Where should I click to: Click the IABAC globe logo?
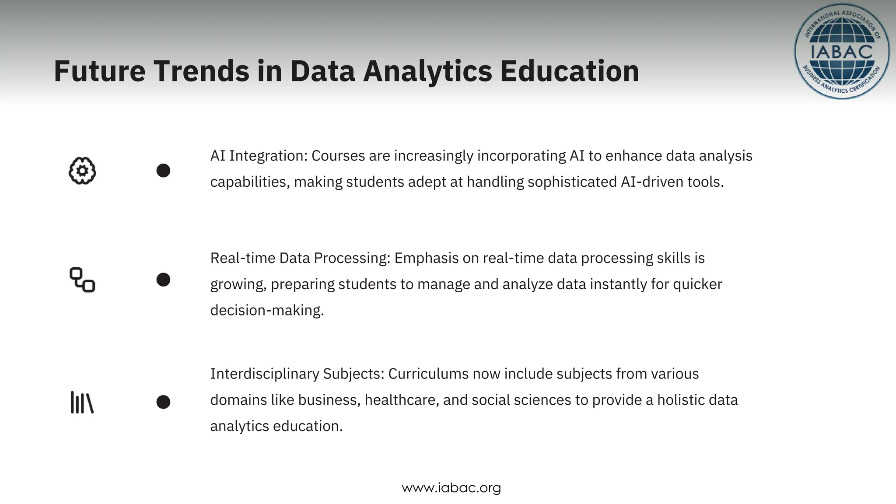click(x=841, y=52)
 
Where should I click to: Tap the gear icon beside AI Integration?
click(x=82, y=171)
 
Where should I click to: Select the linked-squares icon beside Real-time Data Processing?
click(x=82, y=280)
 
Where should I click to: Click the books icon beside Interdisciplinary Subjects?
click(x=82, y=402)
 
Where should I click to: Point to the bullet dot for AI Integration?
click(x=163, y=171)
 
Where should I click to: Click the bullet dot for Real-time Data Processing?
click(x=163, y=280)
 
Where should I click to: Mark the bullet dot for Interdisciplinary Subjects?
click(x=163, y=402)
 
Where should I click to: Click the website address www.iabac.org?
click(x=451, y=487)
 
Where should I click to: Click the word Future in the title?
click(x=99, y=71)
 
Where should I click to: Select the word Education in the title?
click(x=569, y=71)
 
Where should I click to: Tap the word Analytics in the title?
click(x=427, y=72)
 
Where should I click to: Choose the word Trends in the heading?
click(x=201, y=71)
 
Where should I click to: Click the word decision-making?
click(x=267, y=310)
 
